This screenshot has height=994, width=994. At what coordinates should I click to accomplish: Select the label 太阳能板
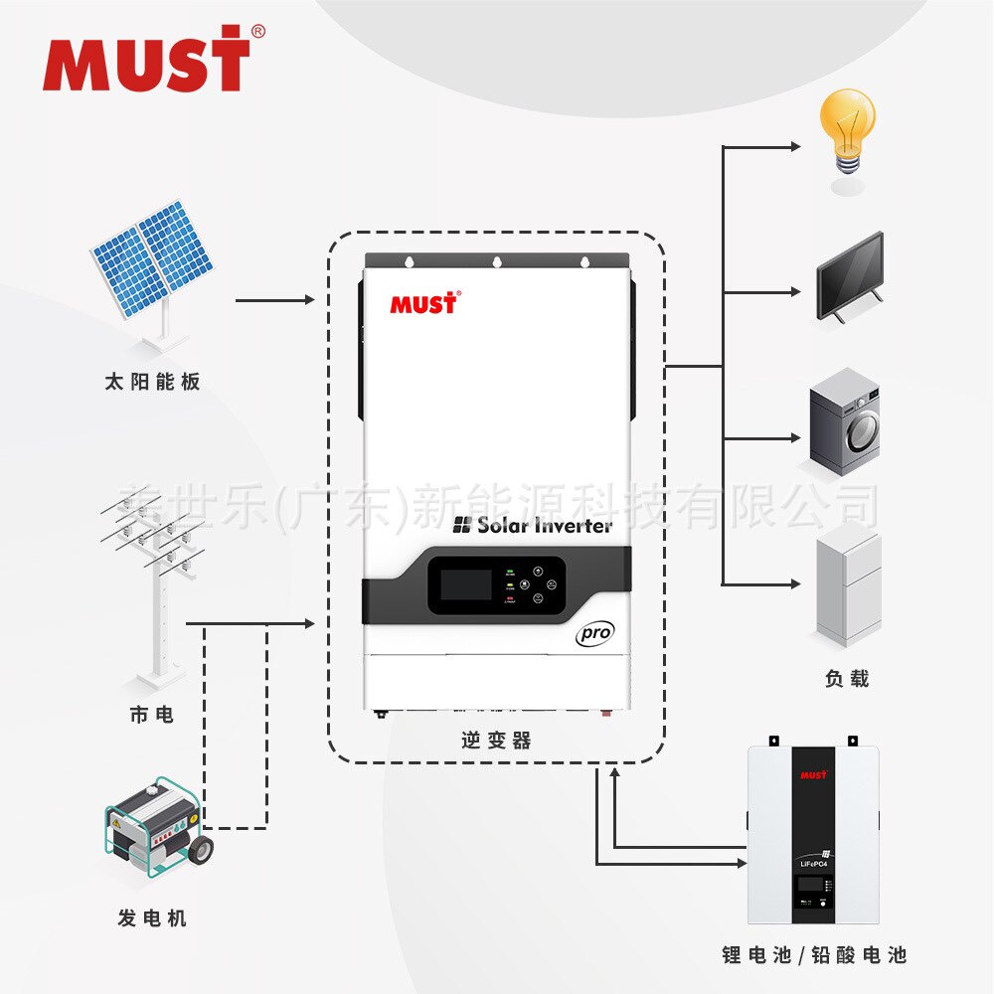[x=152, y=382]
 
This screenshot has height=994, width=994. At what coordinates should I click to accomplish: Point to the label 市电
[x=152, y=714]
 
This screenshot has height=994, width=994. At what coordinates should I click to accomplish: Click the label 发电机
[x=152, y=917]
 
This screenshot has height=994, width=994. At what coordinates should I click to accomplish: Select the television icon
[x=849, y=277]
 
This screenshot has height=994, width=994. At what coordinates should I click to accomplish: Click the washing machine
[x=844, y=420]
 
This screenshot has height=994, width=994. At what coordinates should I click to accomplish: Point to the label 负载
[x=847, y=679]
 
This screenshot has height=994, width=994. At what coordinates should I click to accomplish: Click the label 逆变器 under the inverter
[x=496, y=741]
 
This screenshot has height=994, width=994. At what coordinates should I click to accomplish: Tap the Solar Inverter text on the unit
[x=533, y=525]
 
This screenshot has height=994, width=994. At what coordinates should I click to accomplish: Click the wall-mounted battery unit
[x=814, y=829]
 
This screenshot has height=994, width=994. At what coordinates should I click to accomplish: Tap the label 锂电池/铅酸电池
[x=814, y=956]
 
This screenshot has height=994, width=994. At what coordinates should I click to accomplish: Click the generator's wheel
[x=201, y=849]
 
